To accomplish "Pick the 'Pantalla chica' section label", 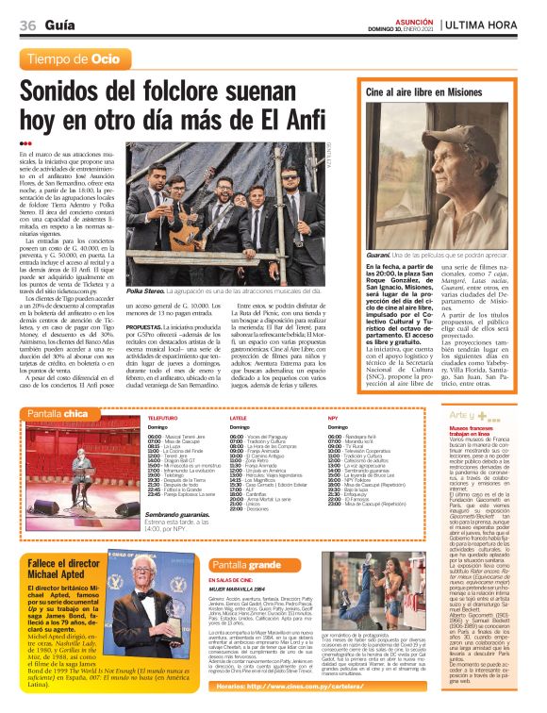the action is point(58,413).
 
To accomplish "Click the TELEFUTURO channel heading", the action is point(162,417).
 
